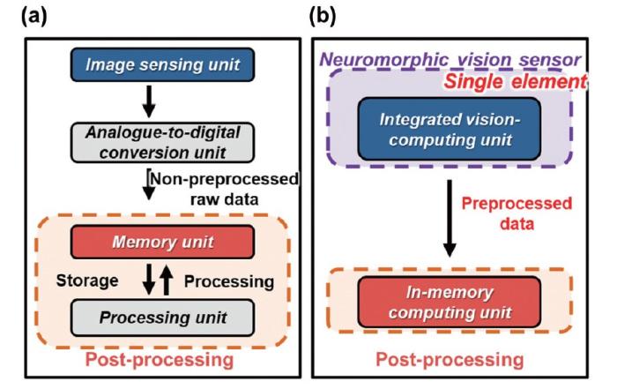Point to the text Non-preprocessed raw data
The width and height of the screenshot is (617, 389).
[x=212, y=187]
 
